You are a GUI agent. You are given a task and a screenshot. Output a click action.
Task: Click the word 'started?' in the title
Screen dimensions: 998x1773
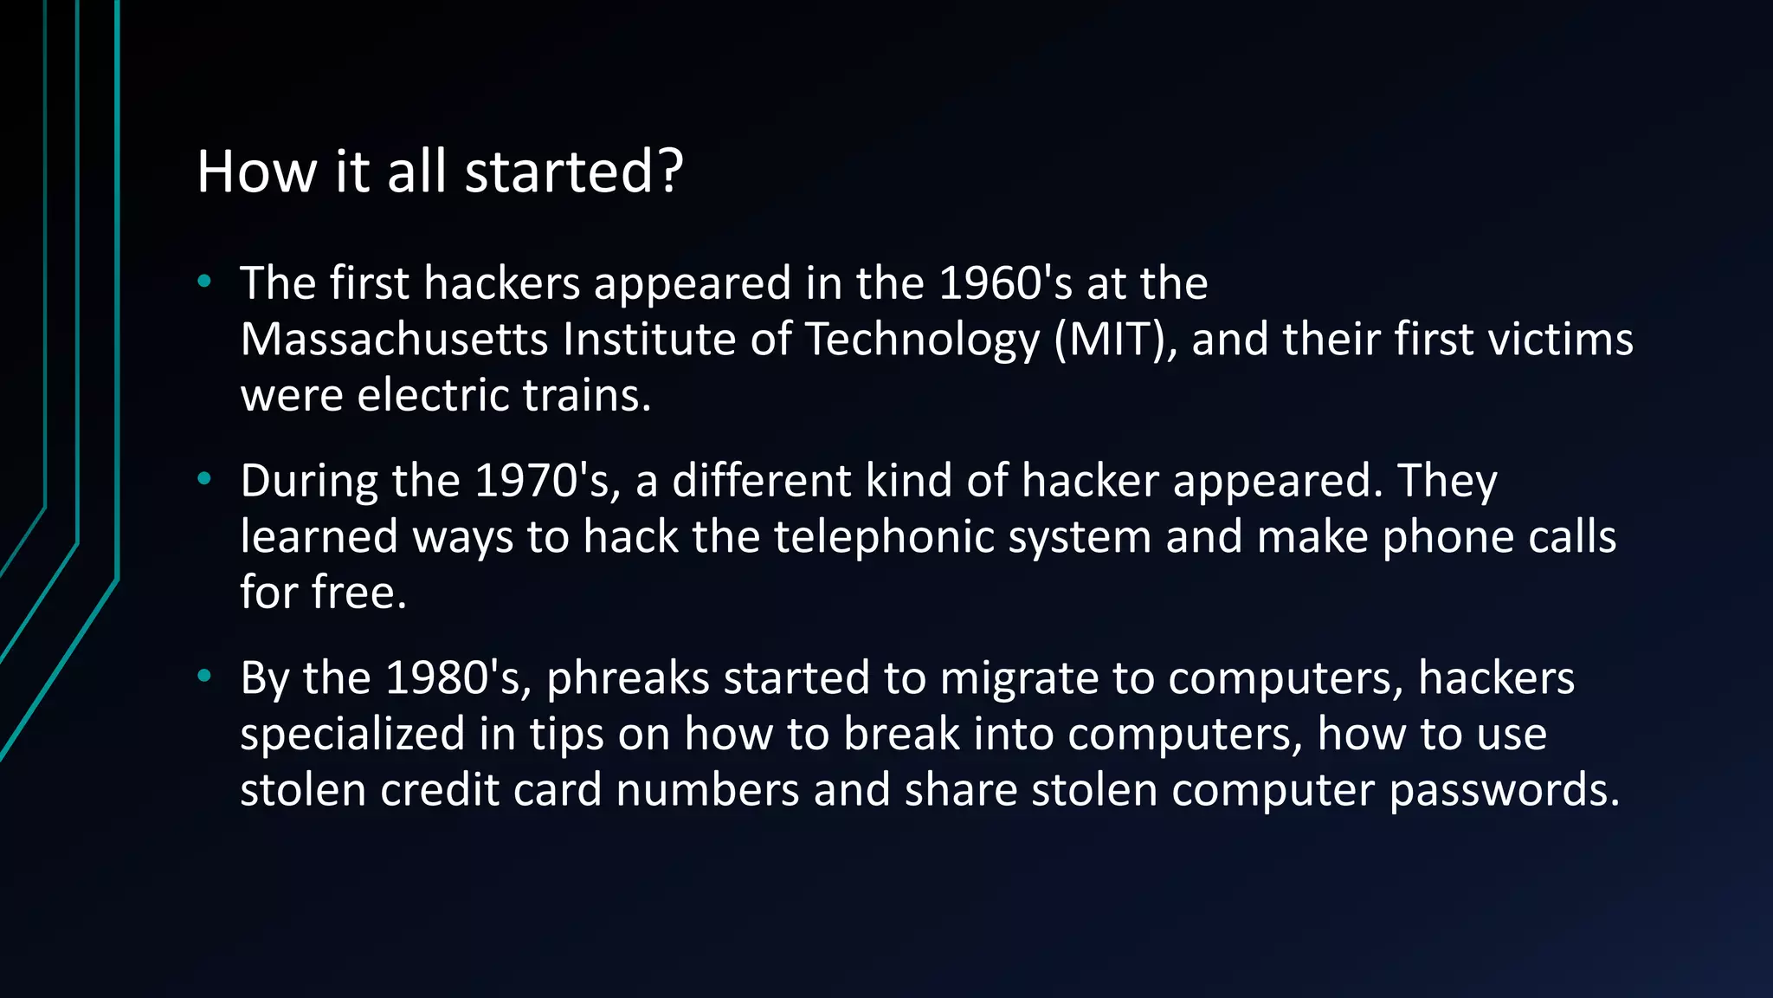click(x=574, y=172)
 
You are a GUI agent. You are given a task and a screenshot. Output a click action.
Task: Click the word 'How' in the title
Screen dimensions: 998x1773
click(x=257, y=172)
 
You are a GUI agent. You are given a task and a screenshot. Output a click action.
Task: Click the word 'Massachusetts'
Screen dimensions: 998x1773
click(x=394, y=339)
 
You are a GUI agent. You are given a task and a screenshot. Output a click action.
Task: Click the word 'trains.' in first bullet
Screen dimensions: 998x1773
click(x=586, y=395)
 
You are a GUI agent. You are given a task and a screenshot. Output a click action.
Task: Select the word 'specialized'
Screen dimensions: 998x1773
click(x=352, y=735)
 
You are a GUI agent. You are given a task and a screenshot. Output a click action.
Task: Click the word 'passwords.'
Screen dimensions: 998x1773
click(x=1504, y=791)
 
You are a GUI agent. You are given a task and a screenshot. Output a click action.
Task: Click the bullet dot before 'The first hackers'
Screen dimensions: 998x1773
click(x=204, y=281)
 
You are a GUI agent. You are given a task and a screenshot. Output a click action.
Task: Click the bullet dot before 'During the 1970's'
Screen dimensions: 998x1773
click(x=204, y=478)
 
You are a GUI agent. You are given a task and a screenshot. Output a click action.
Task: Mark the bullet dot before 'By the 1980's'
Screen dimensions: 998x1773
click(x=204, y=676)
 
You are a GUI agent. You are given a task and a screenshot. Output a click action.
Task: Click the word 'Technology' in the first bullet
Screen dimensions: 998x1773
click(x=922, y=340)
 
